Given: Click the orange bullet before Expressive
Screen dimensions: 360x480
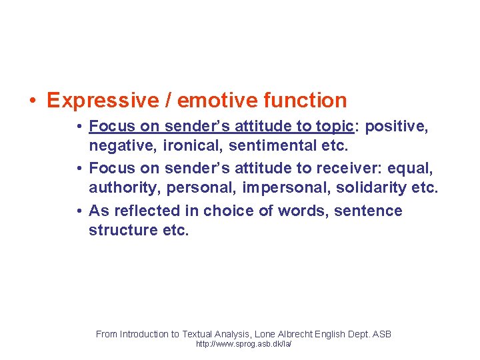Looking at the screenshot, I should pyautogui.click(x=32, y=101).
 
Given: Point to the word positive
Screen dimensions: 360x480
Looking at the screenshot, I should pyautogui.click(x=399, y=125).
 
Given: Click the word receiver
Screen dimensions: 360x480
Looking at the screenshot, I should pyautogui.click(x=357, y=168).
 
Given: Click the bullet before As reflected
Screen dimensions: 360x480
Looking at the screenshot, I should pyautogui.click(x=79, y=211).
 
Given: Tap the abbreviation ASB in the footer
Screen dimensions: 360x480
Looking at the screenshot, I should pyautogui.click(x=381, y=333).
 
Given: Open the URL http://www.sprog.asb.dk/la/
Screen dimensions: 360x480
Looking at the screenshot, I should pyautogui.click(x=243, y=345).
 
